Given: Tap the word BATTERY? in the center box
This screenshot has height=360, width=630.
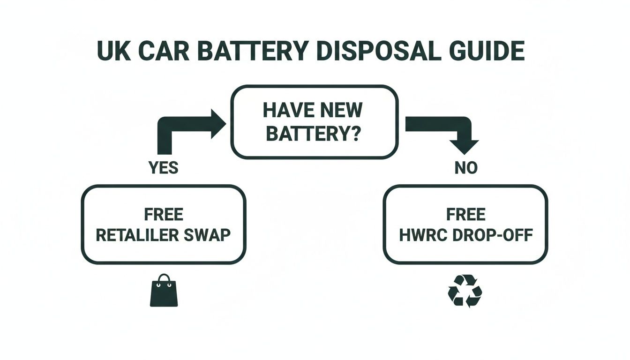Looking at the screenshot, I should (x=313, y=134).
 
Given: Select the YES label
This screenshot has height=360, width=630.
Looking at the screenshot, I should (x=163, y=168).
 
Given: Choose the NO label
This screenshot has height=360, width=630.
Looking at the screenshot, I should (x=465, y=168).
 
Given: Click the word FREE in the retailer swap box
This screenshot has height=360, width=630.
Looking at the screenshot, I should (x=163, y=215).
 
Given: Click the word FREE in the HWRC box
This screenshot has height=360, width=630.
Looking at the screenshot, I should (x=465, y=215).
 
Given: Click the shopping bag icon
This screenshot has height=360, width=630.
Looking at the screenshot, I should (x=164, y=291).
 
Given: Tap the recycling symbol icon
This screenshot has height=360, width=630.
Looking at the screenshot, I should (x=465, y=291).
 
